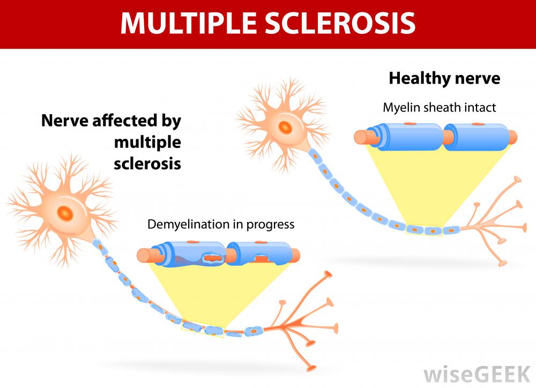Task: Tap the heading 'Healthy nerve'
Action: [x=444, y=79]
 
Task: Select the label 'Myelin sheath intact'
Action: [x=439, y=108]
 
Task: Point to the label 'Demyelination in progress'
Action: [x=221, y=224]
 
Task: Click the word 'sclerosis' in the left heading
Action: [x=147, y=163]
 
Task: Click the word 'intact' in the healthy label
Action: [x=480, y=108]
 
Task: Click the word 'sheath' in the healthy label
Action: [x=442, y=108]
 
